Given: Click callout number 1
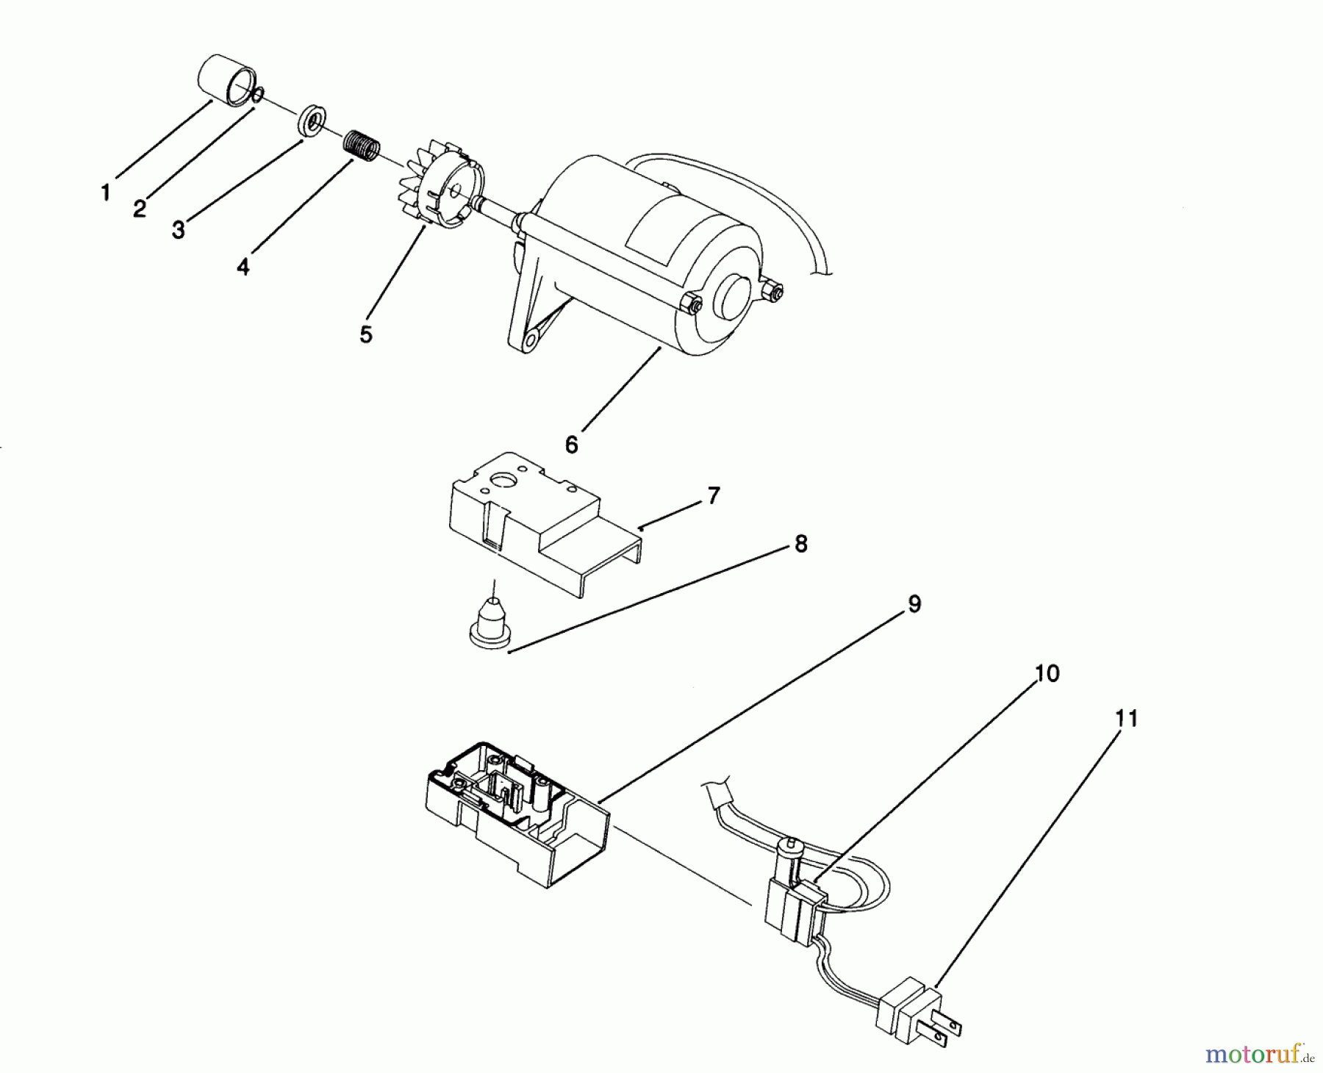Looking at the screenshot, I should click(107, 193).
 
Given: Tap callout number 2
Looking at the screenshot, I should click(140, 209).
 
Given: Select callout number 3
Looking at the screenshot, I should click(178, 230).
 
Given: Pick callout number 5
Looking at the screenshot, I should click(366, 334).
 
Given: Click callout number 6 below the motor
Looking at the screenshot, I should click(572, 445).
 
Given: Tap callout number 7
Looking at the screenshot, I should click(714, 496).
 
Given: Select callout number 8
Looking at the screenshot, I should click(800, 545).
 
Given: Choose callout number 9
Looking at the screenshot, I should click(914, 604).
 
